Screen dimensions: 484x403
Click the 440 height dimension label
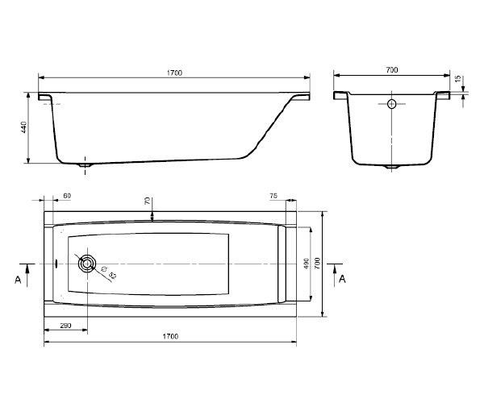(x=24, y=127)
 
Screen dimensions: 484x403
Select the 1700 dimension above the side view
(x=174, y=73)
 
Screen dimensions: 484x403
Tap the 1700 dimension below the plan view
(x=170, y=336)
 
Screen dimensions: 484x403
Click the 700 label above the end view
(x=392, y=70)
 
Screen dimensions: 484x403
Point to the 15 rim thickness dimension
(x=458, y=79)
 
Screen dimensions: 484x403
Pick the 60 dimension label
(x=67, y=196)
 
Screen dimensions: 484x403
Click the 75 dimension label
(x=273, y=196)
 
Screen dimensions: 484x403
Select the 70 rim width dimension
(x=148, y=201)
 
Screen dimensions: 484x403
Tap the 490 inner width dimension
(x=307, y=264)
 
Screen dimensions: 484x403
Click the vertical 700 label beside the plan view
(x=317, y=264)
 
